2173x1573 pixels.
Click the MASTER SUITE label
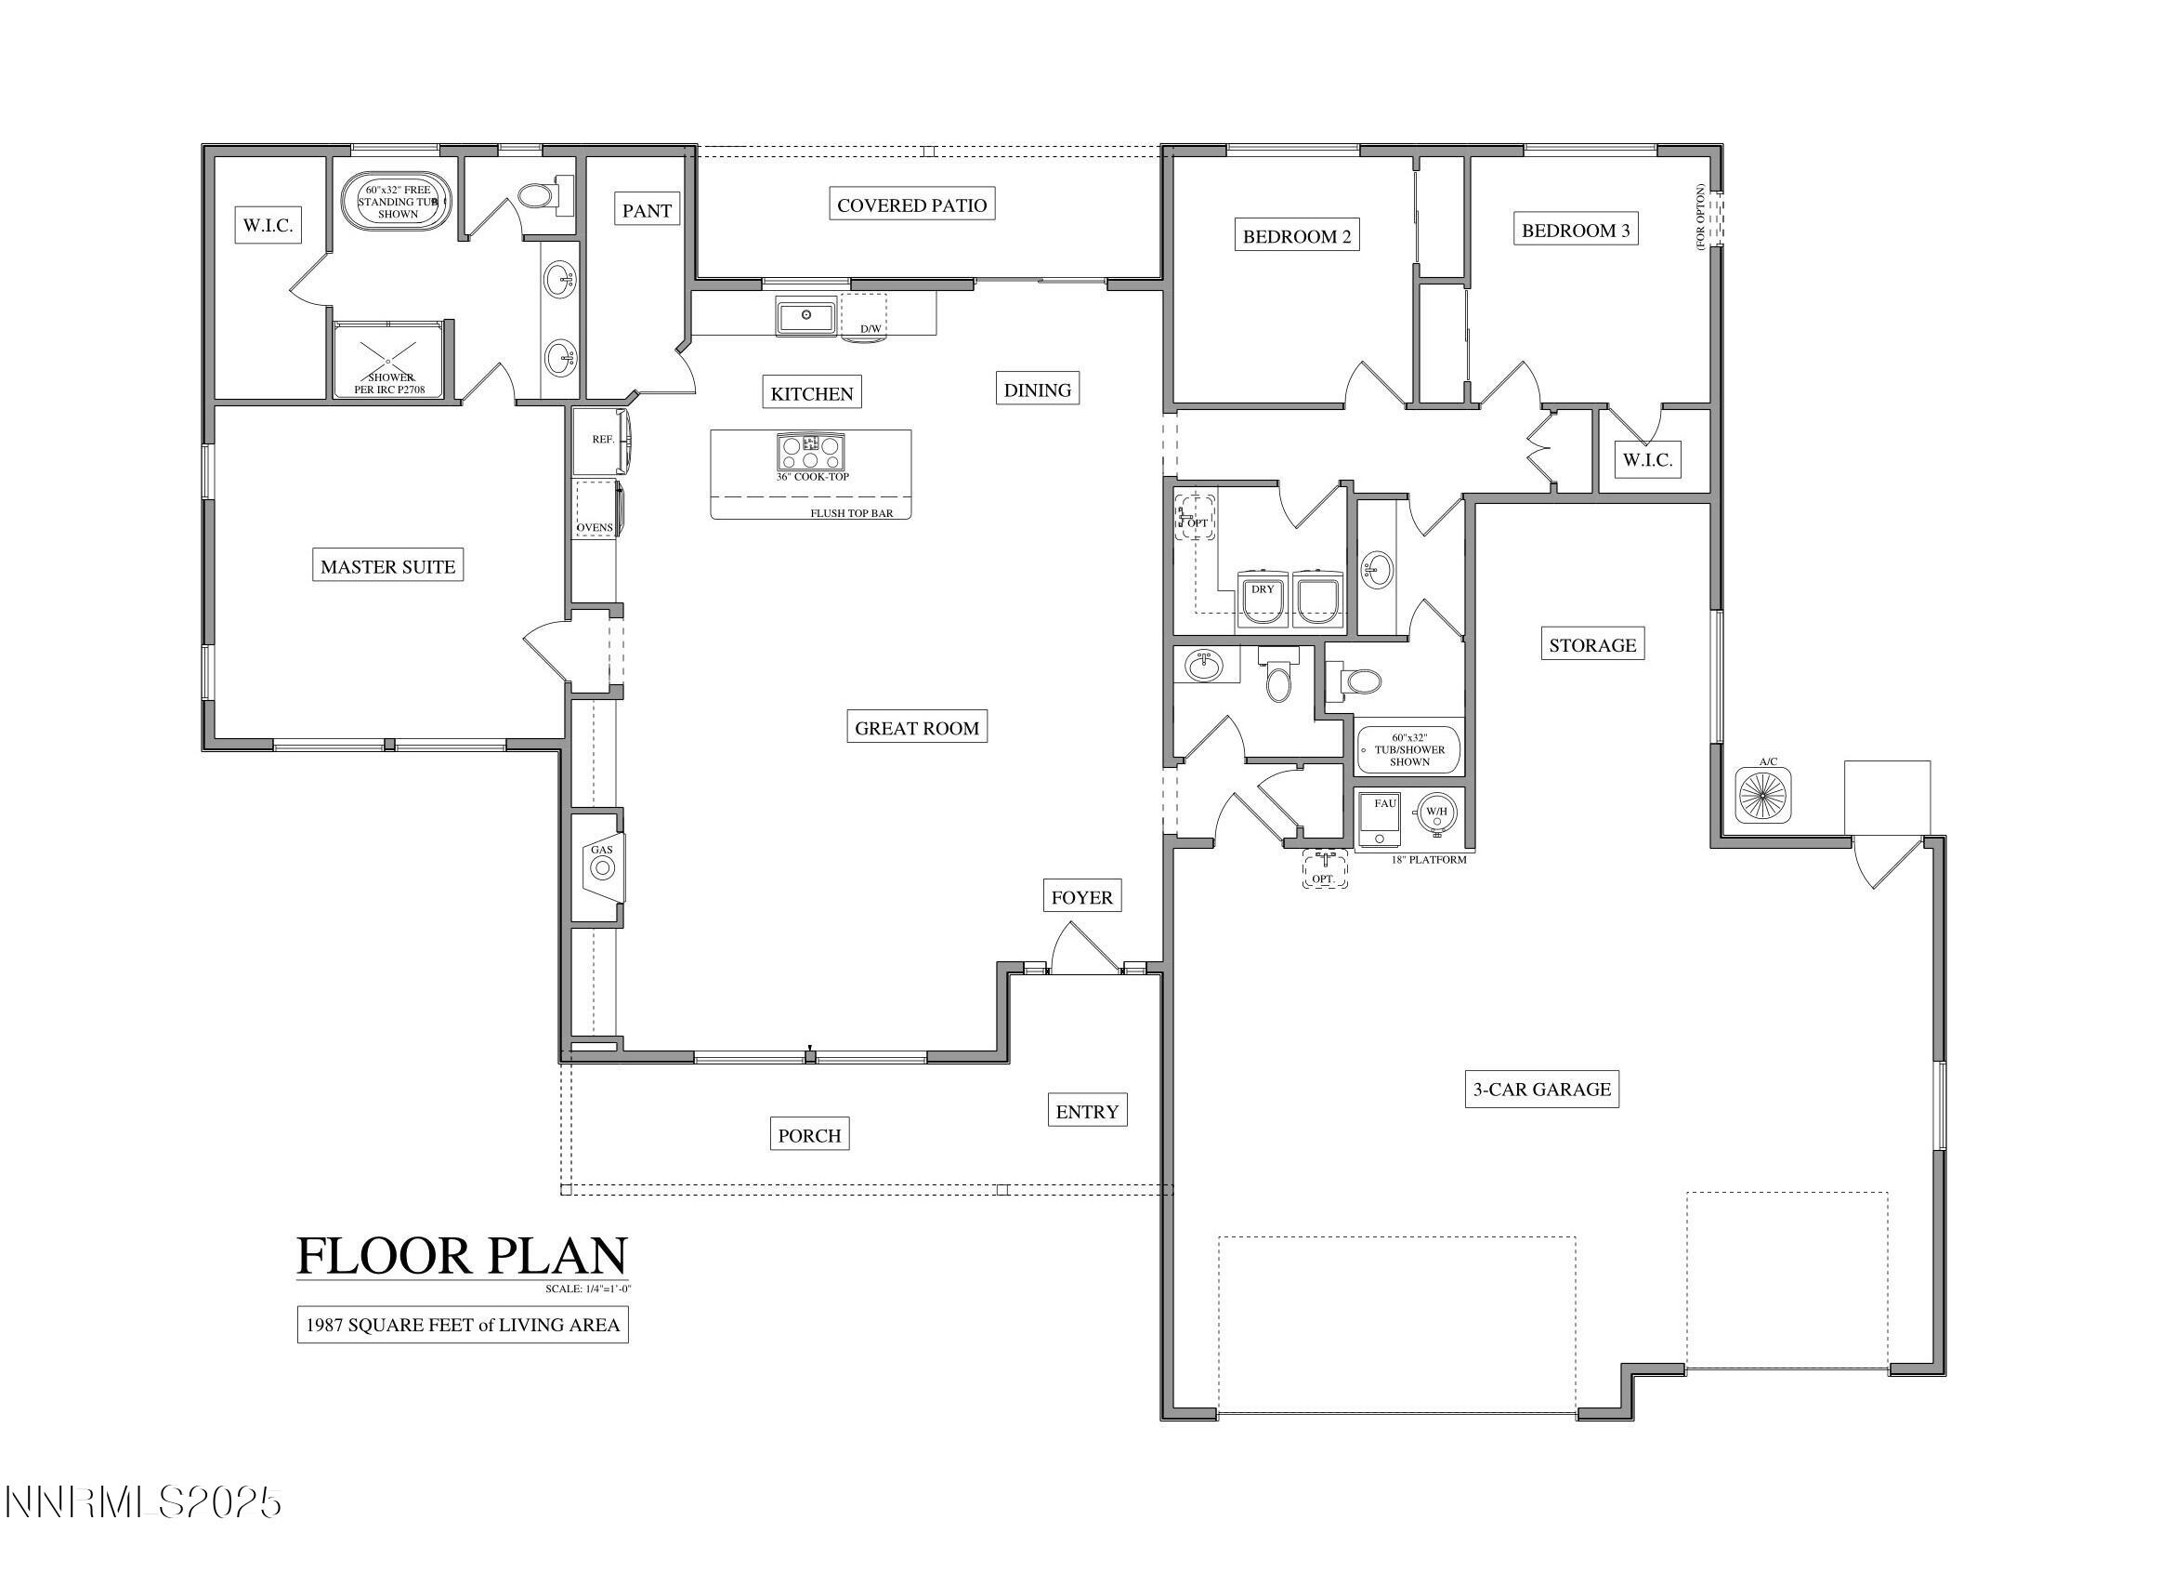[387, 565]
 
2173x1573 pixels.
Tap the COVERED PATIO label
[911, 205]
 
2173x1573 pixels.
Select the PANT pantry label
[647, 210]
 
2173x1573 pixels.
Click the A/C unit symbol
[1763, 795]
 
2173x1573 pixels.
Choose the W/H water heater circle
[1436, 812]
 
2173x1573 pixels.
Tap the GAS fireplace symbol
[602, 867]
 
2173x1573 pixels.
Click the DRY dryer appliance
[1262, 599]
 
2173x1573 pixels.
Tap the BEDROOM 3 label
[1575, 230]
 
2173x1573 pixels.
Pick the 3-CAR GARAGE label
[1541, 1089]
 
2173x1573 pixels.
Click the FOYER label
[1081, 897]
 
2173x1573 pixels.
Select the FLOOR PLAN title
[462, 1255]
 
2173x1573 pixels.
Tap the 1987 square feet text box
[462, 1325]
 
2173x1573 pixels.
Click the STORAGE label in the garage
[1592, 645]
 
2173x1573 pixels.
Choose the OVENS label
[594, 527]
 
